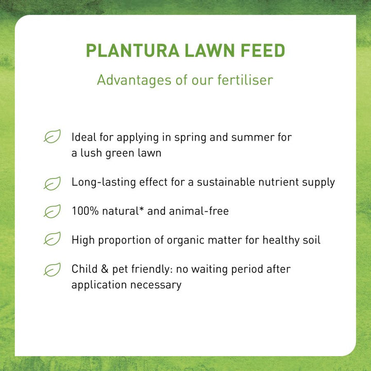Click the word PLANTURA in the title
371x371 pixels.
132,50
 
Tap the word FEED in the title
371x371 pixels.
263,50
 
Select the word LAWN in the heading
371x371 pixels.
210,50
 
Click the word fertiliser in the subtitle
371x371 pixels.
245,80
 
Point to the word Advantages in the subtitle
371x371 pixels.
134,80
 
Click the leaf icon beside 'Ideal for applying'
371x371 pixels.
52,136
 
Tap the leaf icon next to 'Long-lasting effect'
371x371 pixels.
52,183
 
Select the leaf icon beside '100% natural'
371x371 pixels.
52,211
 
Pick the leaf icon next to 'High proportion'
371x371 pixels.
52,239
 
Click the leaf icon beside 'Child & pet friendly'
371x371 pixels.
52,269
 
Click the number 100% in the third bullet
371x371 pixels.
85,211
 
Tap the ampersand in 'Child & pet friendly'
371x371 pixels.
105,269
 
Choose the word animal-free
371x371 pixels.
199,211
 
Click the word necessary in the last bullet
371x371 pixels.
156,285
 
